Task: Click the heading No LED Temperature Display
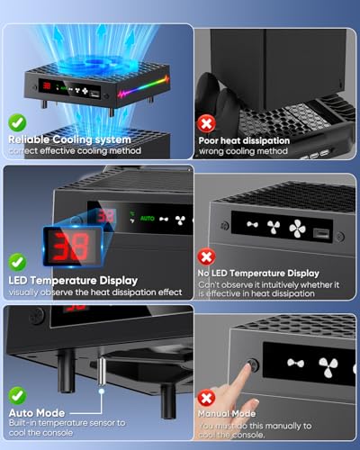click(x=258, y=273)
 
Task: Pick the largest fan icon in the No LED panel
click(x=298, y=228)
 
